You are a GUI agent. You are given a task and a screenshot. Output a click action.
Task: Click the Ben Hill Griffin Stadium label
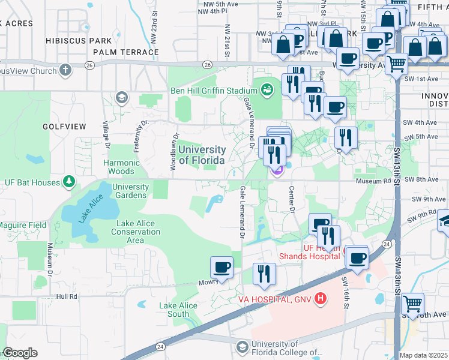pos(214,91)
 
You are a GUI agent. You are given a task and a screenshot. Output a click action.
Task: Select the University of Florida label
pos(202,155)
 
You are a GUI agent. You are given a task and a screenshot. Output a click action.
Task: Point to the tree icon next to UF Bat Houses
pos(70,182)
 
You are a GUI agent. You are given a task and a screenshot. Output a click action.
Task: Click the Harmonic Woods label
pos(122,167)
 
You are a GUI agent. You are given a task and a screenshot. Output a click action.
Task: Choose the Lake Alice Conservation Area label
pos(136,232)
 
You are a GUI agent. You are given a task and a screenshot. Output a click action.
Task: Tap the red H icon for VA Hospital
pos(321,298)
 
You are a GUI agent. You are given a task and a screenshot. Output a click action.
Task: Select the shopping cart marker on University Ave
pos(396,63)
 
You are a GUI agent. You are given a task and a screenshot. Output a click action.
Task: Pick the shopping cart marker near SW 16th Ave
pos(412,304)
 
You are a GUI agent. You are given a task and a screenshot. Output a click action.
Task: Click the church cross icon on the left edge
pos(65,70)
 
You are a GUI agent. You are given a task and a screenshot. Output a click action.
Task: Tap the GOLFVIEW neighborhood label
pos(65,127)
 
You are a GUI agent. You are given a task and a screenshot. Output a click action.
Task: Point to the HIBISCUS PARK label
pos(79,40)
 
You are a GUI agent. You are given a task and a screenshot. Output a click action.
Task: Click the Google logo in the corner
pos(19,353)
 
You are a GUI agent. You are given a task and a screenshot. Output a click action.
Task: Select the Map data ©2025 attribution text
pos(423,355)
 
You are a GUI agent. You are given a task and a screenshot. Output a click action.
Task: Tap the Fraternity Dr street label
pos(139,137)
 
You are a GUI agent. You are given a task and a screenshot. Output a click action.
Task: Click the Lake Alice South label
pos(178,310)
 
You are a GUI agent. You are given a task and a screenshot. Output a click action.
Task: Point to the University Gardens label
pos(130,191)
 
